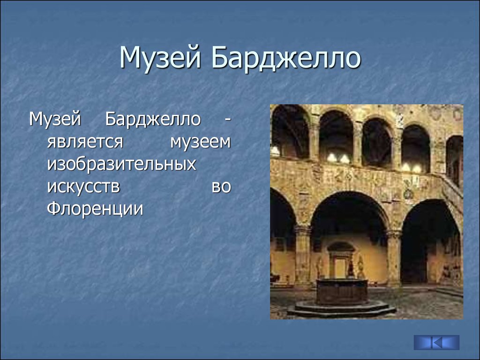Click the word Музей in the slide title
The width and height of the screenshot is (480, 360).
tap(160, 58)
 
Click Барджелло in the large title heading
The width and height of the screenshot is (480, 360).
tap(286, 58)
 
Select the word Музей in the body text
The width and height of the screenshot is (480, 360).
tap(55, 120)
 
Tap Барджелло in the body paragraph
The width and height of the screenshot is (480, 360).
tap(153, 120)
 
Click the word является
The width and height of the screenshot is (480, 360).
tap(85, 142)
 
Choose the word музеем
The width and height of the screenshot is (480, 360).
tap(201, 142)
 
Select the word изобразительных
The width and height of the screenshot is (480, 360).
tap(121, 165)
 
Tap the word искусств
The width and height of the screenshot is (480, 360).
tap(83, 187)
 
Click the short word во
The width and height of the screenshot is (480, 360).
tap(221, 187)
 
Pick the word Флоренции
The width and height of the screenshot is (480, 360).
tap(95, 209)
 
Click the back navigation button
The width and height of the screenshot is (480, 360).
tap(436, 343)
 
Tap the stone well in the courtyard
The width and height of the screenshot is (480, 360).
tap(342, 291)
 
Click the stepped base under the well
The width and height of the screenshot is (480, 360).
tap(341, 308)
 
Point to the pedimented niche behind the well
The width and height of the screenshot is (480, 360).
tap(341, 260)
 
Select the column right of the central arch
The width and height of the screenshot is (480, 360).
tap(394, 258)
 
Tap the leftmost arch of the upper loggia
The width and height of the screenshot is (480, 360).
tap(290, 132)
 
